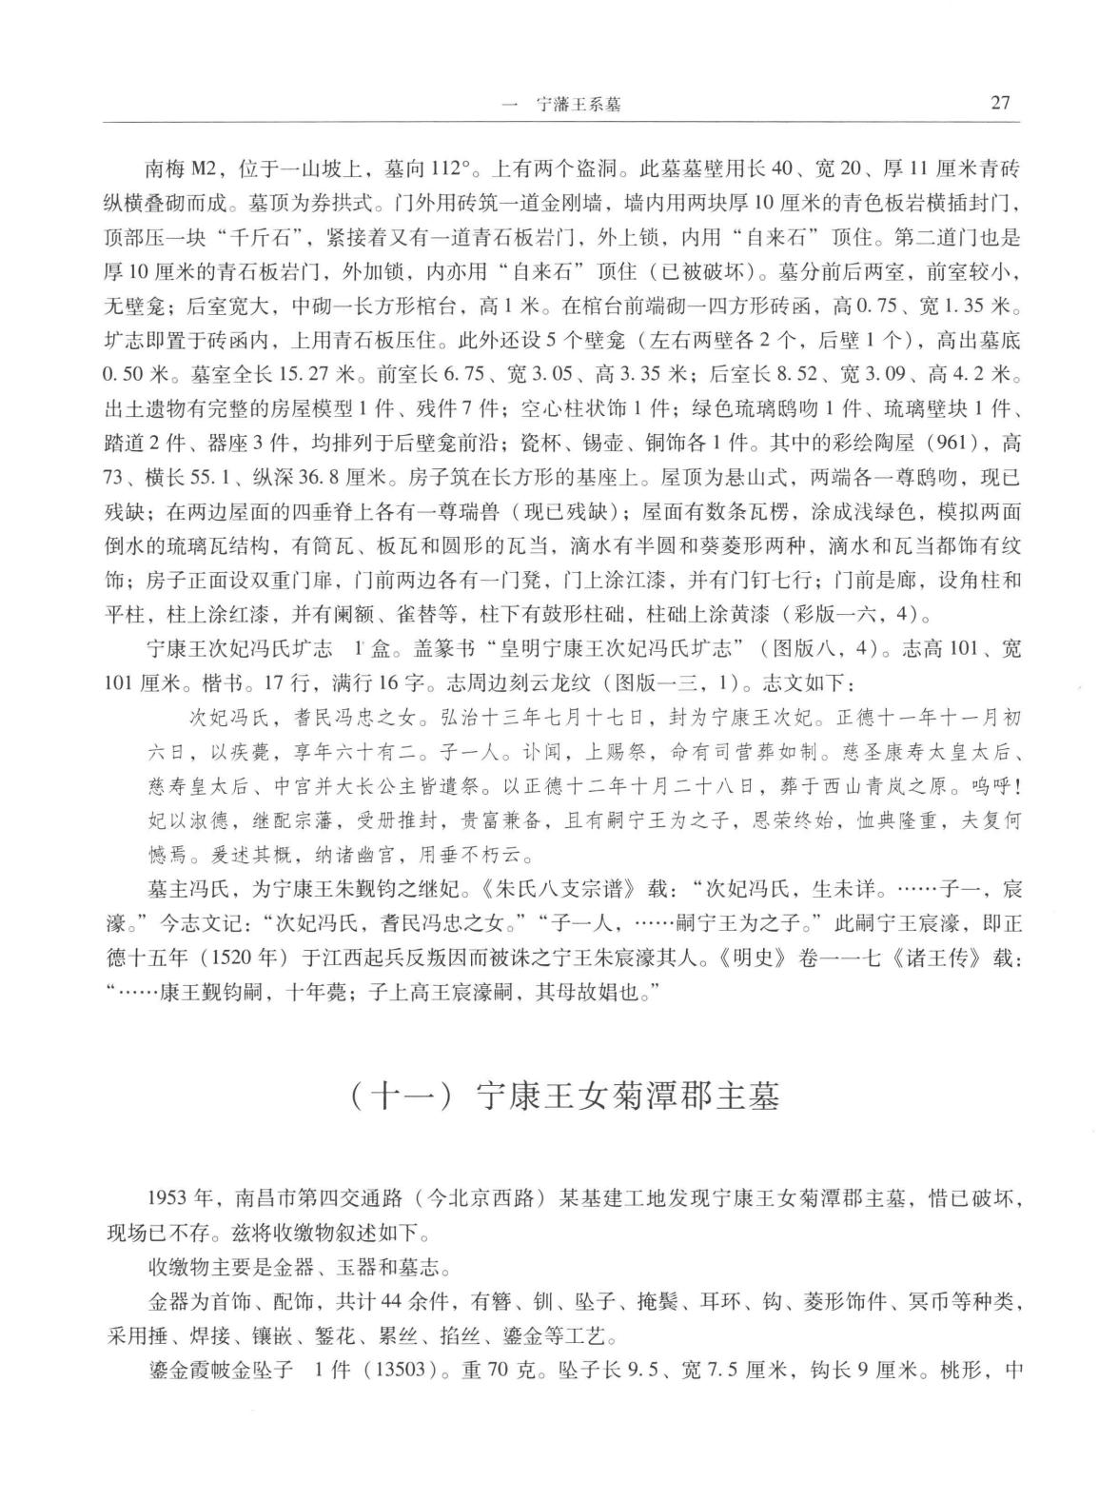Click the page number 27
(x=1000, y=103)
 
